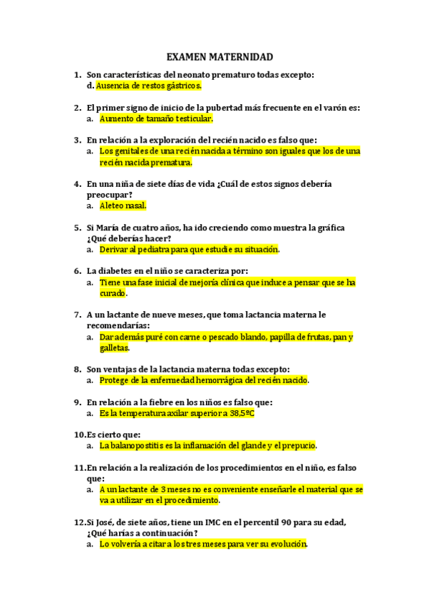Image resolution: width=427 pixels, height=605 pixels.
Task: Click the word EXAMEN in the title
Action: tap(187, 56)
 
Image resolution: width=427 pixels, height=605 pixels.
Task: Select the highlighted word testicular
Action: tap(192, 119)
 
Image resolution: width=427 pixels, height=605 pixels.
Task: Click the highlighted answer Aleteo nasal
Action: tap(123, 205)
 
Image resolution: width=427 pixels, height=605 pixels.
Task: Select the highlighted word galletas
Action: tap(114, 347)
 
